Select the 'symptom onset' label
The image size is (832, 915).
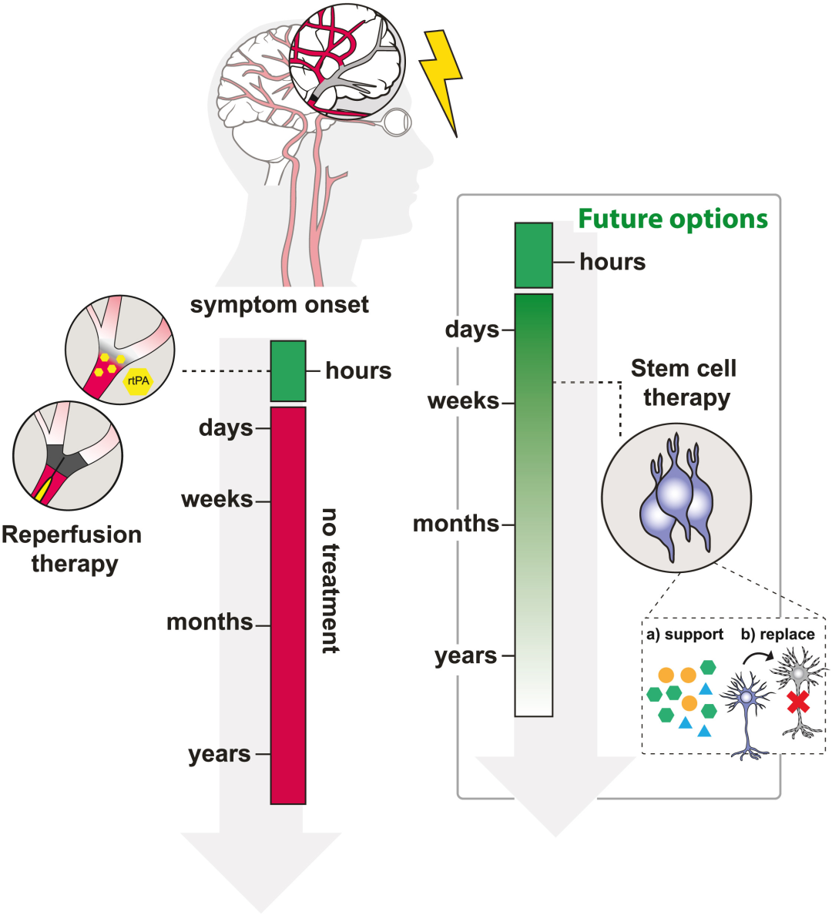(x=280, y=305)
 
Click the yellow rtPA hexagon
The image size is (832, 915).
(x=139, y=380)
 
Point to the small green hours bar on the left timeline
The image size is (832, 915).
(x=288, y=370)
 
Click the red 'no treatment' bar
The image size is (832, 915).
(x=288, y=605)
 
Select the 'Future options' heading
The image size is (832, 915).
(x=673, y=220)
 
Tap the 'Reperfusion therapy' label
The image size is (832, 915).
(x=72, y=549)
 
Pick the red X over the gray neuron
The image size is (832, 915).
(x=798, y=702)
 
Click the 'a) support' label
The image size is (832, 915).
(x=685, y=635)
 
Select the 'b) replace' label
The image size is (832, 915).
(x=777, y=635)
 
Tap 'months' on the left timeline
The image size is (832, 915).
(x=210, y=622)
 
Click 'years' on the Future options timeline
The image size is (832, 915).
(x=466, y=656)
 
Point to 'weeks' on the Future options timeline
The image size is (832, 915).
(x=464, y=401)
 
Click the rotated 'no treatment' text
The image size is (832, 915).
(x=330, y=581)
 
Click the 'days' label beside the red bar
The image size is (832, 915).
(x=226, y=427)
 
